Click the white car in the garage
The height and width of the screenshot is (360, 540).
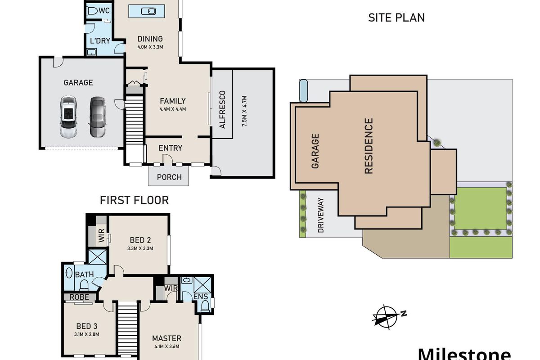[x=68, y=117]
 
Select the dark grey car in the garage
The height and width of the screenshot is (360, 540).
[x=98, y=117]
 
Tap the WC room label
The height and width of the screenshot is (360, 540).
[x=104, y=11]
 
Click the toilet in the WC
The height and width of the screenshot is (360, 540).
[x=92, y=11]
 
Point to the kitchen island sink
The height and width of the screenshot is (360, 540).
[x=148, y=11]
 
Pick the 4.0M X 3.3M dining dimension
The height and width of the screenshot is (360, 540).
[x=150, y=47]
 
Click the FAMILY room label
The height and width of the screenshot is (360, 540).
[x=173, y=101]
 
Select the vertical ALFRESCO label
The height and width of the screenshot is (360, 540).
[x=222, y=109]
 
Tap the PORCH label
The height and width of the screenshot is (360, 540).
[x=169, y=177]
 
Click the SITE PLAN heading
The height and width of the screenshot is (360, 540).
[x=396, y=18]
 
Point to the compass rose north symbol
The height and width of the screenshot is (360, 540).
[x=389, y=317]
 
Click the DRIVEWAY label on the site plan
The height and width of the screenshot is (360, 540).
[x=320, y=215]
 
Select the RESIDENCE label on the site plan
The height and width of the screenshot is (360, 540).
[x=369, y=146]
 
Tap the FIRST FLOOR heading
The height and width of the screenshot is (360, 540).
[x=134, y=200]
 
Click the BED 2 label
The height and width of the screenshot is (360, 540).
[x=140, y=240]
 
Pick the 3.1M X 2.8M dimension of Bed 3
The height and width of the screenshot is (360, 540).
[x=87, y=334]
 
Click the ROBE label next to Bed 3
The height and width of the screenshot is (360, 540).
[x=79, y=297]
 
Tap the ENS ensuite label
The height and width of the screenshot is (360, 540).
[x=201, y=297]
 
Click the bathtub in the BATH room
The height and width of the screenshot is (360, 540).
[x=69, y=274]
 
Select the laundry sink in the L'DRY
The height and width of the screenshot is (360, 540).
[x=91, y=52]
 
